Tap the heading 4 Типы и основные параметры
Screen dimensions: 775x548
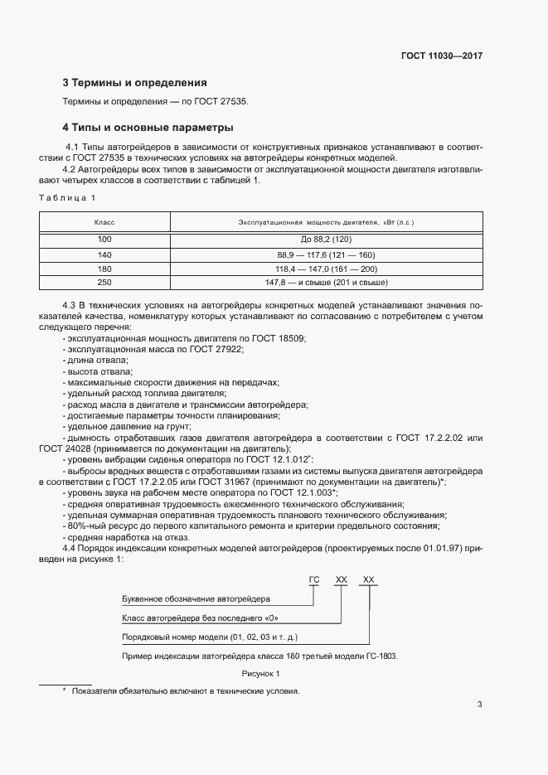pyautogui.click(x=148, y=128)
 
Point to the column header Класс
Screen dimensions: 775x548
pyautogui.click(x=104, y=223)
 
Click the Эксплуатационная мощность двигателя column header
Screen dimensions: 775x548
pyautogui.click(x=326, y=223)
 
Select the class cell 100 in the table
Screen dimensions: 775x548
pyautogui.click(x=104, y=240)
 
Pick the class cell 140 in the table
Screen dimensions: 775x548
pyautogui.click(x=104, y=254)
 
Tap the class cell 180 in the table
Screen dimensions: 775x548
pyautogui.click(x=104, y=269)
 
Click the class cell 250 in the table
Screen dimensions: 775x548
pyautogui.click(x=104, y=283)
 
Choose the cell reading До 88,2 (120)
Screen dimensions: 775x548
pyautogui.click(x=326, y=240)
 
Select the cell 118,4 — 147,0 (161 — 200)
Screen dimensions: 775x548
pyautogui.click(x=326, y=269)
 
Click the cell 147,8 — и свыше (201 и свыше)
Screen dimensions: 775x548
pyautogui.click(x=326, y=283)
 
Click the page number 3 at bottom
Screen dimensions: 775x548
pyautogui.click(x=479, y=705)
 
